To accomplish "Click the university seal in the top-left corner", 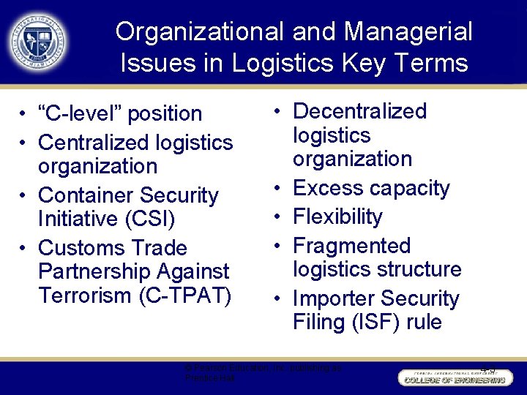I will pyautogui.click(x=37, y=40).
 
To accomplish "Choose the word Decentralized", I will pyautogui.click(x=359, y=111).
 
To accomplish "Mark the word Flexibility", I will pyautogui.click(x=337, y=217).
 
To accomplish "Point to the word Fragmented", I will pyautogui.click(x=351, y=246).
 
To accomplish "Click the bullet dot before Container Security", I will pyautogui.click(x=24, y=196).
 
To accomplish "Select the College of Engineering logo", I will pyautogui.click(x=453, y=377).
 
